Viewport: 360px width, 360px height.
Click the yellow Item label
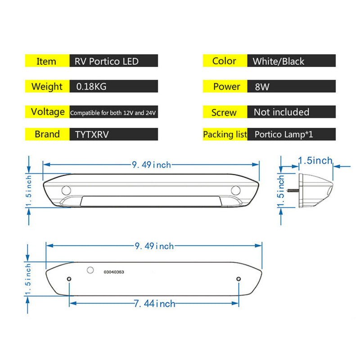46,61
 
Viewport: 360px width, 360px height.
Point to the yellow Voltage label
47,112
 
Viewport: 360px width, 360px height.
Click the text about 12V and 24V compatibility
113,112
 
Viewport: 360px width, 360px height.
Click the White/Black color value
278,61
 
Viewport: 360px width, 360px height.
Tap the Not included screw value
281,112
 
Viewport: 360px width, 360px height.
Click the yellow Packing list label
225,134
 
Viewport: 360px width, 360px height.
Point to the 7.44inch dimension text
154,304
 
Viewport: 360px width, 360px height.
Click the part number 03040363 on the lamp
114,272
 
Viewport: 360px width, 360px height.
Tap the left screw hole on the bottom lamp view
69,279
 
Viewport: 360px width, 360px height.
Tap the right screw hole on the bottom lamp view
239,279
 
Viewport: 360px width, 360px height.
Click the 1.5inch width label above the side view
315,160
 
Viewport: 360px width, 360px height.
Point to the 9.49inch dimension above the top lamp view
151,165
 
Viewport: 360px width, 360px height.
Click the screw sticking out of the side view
294,190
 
